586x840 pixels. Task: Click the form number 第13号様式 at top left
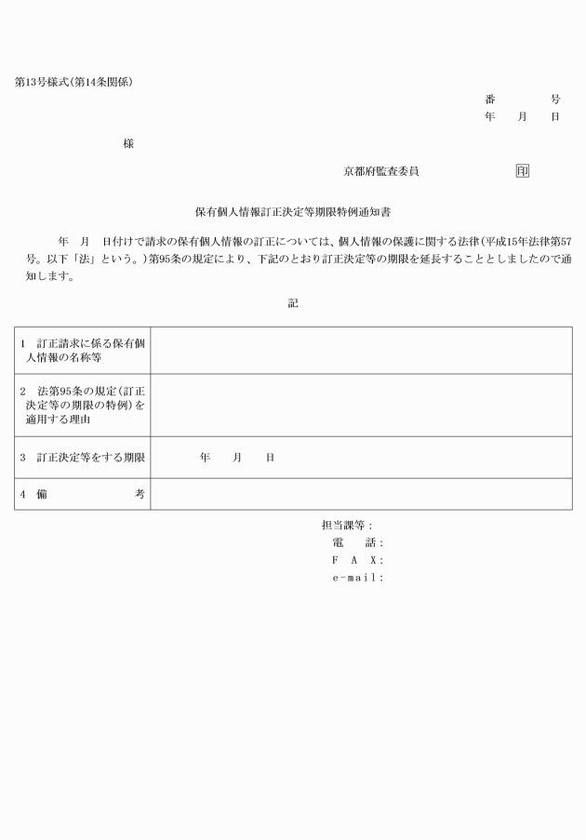coord(45,82)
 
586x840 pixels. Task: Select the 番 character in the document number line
coord(489,99)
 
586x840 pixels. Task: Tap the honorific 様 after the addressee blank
coord(128,143)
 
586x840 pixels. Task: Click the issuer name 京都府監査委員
coord(380,171)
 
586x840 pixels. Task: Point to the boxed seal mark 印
coord(523,171)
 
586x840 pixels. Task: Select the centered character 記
coord(293,303)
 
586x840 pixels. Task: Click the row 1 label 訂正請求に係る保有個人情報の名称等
coord(82,351)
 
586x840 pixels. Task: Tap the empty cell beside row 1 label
coord(361,351)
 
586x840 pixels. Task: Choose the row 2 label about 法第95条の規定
coord(82,406)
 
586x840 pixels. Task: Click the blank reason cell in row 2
coord(361,406)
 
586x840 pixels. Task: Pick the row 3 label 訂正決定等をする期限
coord(82,458)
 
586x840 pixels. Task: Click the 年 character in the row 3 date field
coord(205,458)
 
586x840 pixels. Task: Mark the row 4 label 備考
coord(82,495)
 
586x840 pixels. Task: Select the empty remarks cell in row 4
coord(361,495)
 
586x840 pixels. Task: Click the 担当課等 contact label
coord(347,526)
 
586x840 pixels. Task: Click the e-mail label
coord(357,578)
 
